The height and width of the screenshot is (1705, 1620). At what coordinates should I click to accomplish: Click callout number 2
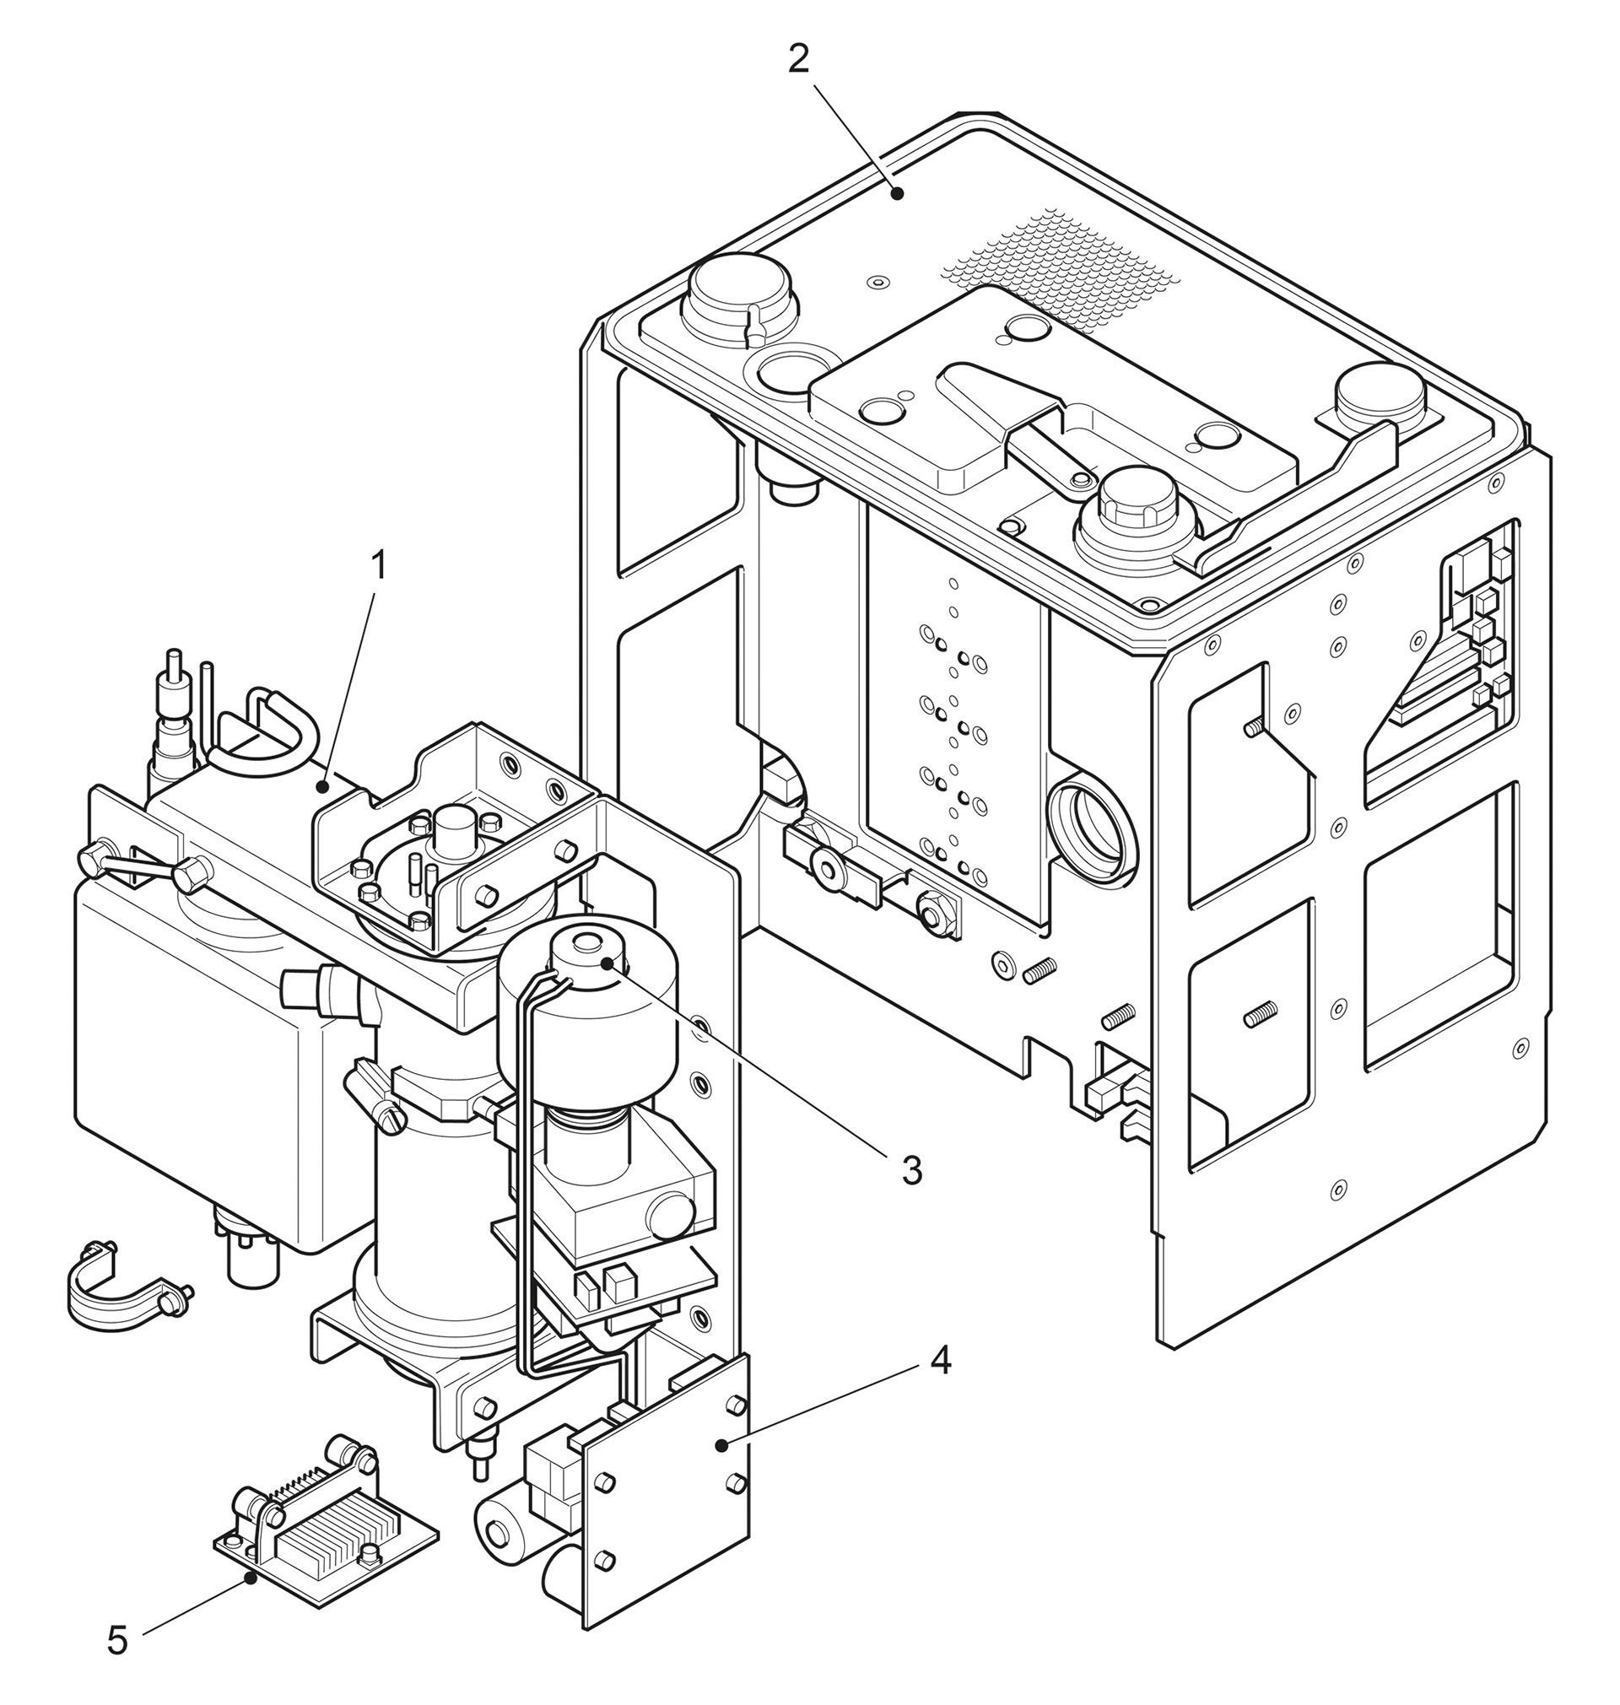(x=799, y=59)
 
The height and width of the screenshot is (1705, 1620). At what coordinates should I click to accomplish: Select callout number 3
(x=912, y=1171)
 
